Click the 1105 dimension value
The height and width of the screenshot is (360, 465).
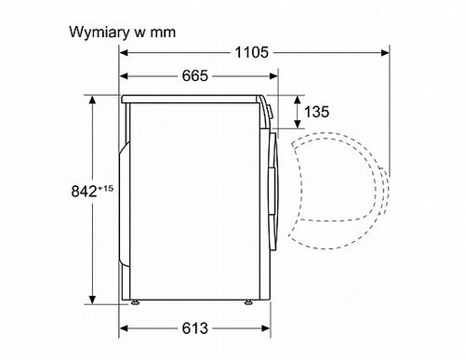pyautogui.click(x=251, y=52)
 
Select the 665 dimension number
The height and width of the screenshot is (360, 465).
pyautogui.click(x=195, y=75)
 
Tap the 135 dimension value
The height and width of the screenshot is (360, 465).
pyautogui.click(x=316, y=112)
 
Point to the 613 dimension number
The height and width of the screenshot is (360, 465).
pyautogui.click(x=195, y=328)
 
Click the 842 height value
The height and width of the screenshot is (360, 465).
pyautogui.click(x=84, y=192)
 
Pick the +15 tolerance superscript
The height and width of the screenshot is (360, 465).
pyautogui.click(x=105, y=188)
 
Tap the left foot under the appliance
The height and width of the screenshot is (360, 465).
pyautogui.click(x=135, y=302)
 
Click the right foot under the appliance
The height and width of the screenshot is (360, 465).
pyautogui.click(x=248, y=302)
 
